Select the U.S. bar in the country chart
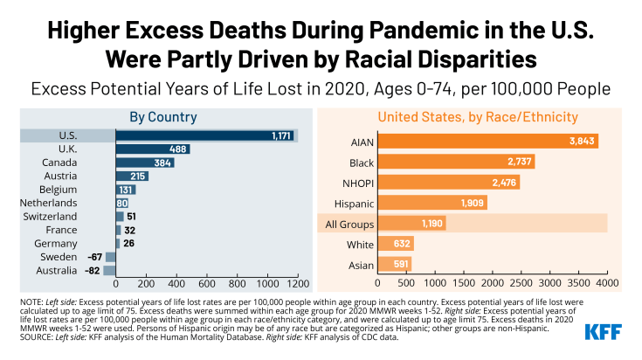tap(206, 135)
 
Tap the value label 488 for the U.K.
tap(176, 149)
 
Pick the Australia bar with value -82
tap(110, 270)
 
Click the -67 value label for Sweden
tap(95, 257)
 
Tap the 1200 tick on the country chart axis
tap(297, 285)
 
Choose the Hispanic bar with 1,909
tap(432, 203)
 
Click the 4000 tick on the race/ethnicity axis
tap(607, 283)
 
